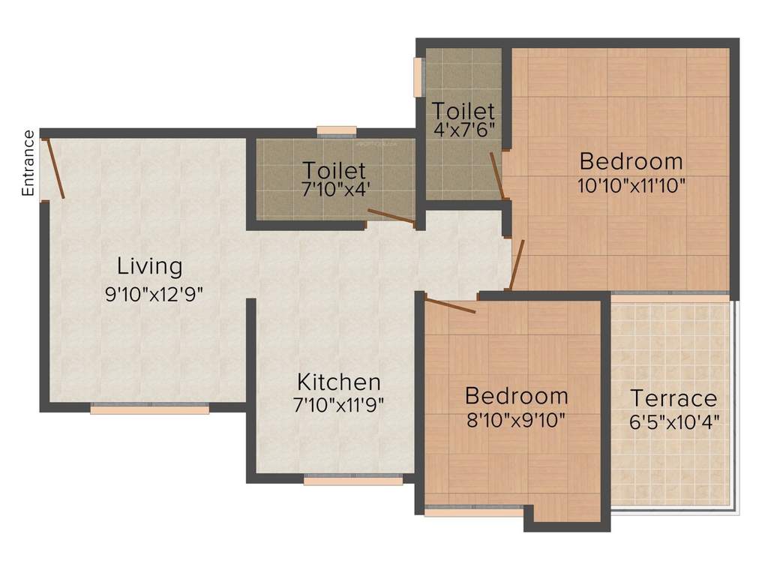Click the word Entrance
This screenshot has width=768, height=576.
point(28,163)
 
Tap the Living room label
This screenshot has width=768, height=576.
point(150,266)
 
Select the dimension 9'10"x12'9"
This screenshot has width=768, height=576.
point(154,293)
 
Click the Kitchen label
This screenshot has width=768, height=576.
point(338,382)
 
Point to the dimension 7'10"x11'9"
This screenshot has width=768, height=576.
point(338,406)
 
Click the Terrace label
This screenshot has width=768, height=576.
point(673,397)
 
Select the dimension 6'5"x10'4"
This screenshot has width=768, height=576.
point(675,421)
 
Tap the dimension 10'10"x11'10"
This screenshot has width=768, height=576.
point(631,185)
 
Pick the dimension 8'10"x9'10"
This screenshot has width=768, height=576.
point(515,419)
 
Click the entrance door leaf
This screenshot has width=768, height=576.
point(56,168)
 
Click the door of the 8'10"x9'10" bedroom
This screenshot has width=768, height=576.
point(450,305)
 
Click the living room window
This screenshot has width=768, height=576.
point(150,409)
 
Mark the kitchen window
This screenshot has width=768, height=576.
point(352,481)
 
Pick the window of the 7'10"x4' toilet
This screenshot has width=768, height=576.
point(336,131)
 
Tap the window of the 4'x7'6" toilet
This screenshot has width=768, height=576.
point(418,76)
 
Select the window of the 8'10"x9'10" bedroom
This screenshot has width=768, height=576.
point(474,512)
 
